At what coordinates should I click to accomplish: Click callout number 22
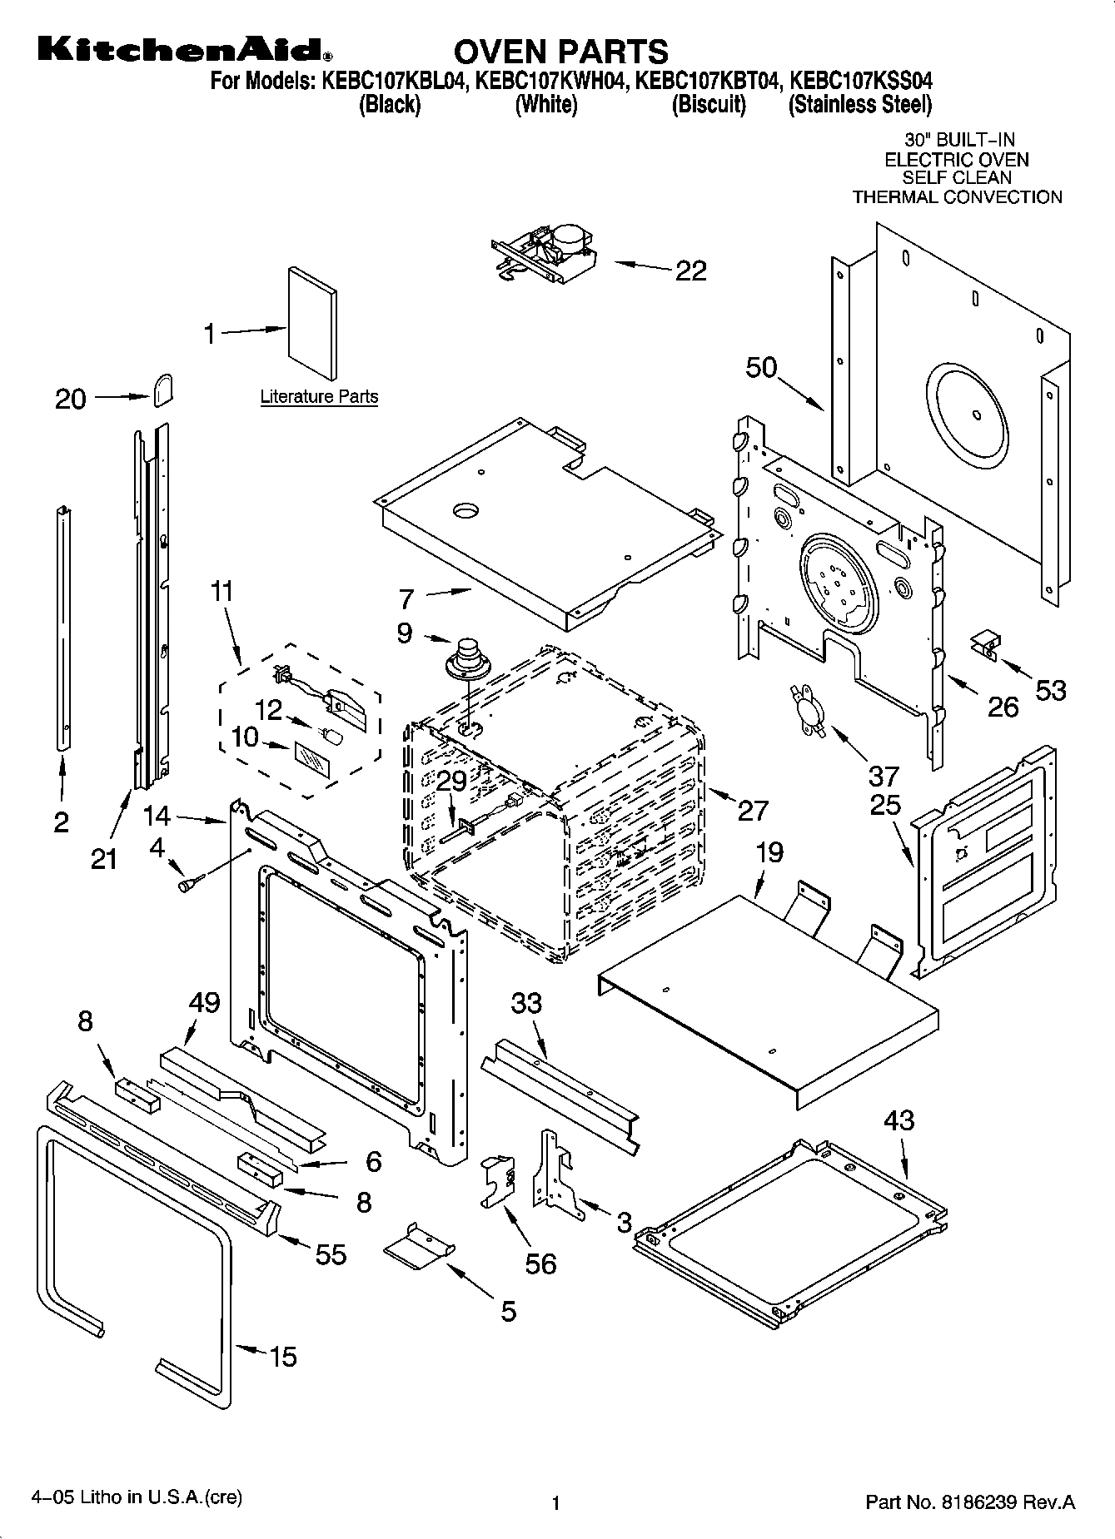coord(690,271)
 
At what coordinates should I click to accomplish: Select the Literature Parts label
coord(319,397)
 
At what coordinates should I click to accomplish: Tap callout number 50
coord(760,367)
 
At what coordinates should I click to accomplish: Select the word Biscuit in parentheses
coord(709,105)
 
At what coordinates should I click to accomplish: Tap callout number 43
coord(899,1119)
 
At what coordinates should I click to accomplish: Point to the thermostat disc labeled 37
coord(807,709)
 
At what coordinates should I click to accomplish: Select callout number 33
coord(526,1003)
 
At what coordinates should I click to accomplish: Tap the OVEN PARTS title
coord(560,52)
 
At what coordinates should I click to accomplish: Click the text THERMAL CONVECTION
coord(957,197)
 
